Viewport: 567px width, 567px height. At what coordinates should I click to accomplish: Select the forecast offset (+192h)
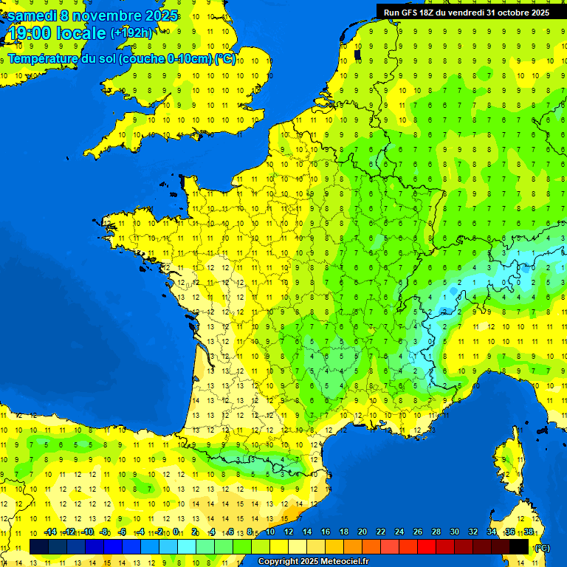pyautogui.click(x=131, y=33)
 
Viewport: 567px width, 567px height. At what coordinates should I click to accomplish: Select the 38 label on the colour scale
pyautogui.click(x=528, y=532)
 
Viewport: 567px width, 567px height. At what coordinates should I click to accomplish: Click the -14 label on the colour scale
pyautogui.click(x=50, y=532)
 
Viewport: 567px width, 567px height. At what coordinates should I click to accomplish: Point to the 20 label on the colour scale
pyautogui.click(x=362, y=532)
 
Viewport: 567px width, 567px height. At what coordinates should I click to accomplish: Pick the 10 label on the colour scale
pyautogui.click(x=270, y=532)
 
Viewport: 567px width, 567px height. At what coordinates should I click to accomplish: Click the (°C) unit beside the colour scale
pyautogui.click(x=541, y=547)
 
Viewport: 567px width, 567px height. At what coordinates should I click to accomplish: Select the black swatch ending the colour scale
pyautogui.click(x=520, y=546)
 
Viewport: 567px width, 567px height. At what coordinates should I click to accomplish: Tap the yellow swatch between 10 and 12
pyautogui.click(x=280, y=546)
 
